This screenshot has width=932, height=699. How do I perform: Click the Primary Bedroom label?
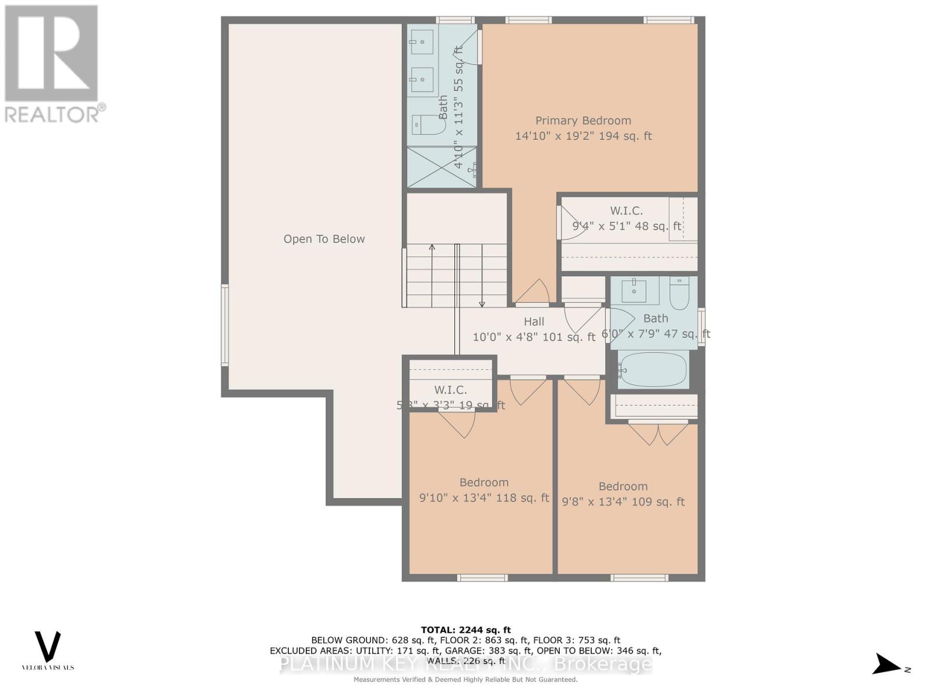583,121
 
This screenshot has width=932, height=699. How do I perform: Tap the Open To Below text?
324,239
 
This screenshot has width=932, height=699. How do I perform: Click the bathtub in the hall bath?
653,370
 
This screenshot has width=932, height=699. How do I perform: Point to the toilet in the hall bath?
679,294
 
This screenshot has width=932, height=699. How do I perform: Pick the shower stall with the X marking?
442,167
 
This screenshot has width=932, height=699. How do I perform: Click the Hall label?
534,322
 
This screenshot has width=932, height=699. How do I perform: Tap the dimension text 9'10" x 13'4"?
456,498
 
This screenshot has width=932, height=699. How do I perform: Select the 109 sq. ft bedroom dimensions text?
623,502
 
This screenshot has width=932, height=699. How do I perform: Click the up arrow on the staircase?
432,248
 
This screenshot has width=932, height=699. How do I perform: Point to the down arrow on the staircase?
482,303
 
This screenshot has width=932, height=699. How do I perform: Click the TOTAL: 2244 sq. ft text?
465,630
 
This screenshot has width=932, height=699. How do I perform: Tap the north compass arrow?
888,664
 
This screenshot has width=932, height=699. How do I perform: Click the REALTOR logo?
52,64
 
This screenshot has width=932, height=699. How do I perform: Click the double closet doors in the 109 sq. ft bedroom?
658,434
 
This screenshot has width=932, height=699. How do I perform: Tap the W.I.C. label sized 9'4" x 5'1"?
626,211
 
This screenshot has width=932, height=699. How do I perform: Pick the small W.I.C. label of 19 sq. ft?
450,390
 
